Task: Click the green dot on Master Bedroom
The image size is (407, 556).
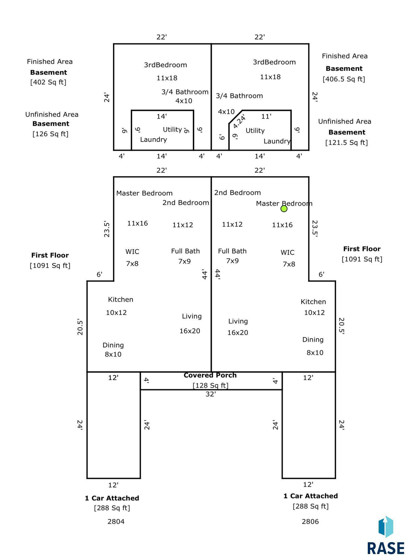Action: [x=284, y=208]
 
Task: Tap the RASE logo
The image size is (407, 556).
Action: [x=386, y=536]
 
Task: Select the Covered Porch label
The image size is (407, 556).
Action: [x=210, y=375]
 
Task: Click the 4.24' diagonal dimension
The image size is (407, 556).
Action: [x=239, y=122]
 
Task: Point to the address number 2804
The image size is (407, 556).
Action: [x=116, y=521]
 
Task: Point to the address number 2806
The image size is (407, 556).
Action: [x=310, y=521]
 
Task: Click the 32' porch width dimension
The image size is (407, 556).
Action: [x=211, y=394]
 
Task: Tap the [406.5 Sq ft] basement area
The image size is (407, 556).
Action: [x=344, y=79]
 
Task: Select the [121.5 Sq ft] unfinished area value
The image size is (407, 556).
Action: [x=347, y=142]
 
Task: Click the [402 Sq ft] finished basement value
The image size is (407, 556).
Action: [x=48, y=82]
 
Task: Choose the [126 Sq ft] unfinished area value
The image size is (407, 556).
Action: [x=50, y=134]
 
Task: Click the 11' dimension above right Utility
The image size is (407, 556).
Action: [x=266, y=116]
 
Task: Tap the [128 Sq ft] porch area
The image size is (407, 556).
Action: [x=211, y=385]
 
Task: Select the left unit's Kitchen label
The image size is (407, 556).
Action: [x=120, y=299]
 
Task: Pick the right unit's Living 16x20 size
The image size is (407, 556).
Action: [x=238, y=333]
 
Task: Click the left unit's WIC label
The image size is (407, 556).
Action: [x=132, y=252]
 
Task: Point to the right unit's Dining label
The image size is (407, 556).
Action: [x=313, y=339]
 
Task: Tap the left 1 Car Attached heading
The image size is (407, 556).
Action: [x=112, y=498]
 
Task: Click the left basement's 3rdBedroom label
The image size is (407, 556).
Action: [x=165, y=65]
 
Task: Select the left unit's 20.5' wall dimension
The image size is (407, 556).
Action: [x=80, y=327]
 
